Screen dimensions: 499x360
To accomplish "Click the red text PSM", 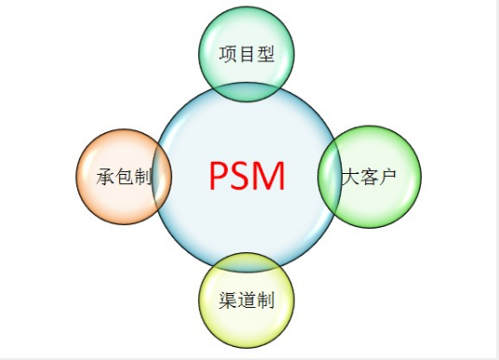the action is click(247, 176).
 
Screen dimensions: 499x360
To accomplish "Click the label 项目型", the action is click(247, 54).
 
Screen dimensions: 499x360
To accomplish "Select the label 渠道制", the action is click(247, 300).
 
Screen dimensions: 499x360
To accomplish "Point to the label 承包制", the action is click(123, 177).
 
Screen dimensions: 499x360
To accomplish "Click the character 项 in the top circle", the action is click(228, 54).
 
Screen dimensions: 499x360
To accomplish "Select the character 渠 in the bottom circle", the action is click(228, 300).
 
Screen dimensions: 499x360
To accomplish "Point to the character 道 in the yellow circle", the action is click(247, 300).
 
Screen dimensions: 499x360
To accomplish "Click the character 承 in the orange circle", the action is click(104, 177).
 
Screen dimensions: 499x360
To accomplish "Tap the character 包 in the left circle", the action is click(123, 177).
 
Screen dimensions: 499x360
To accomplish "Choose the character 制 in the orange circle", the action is click(142, 177).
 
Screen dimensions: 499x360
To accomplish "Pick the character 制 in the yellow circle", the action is click(265, 300).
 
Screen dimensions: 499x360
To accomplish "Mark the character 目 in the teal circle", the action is click(247, 54).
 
